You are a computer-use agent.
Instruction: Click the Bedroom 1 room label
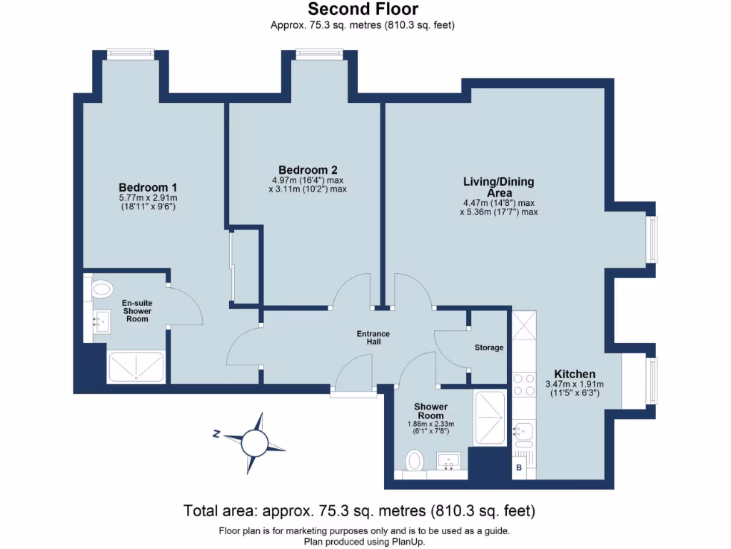148,188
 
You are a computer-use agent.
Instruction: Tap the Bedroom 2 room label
308,170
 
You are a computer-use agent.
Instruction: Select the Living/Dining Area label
499,187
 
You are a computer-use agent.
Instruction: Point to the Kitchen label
575,374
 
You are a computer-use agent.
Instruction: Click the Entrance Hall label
373,337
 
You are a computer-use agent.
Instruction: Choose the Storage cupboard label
489,347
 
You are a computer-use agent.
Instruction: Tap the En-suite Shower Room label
137,311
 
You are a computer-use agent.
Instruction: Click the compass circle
255,443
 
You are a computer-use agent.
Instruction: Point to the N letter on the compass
216,434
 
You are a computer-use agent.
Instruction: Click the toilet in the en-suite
101,289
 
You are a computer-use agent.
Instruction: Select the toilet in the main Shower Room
413,460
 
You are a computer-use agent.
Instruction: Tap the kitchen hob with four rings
524,385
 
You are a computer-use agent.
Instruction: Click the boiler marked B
519,468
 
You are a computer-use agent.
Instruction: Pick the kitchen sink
523,432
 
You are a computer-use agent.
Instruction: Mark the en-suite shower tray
136,367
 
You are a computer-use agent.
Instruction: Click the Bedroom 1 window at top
131,54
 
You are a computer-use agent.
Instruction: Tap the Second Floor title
363,9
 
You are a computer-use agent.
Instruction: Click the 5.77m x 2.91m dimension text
148,198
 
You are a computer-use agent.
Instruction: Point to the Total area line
359,511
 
